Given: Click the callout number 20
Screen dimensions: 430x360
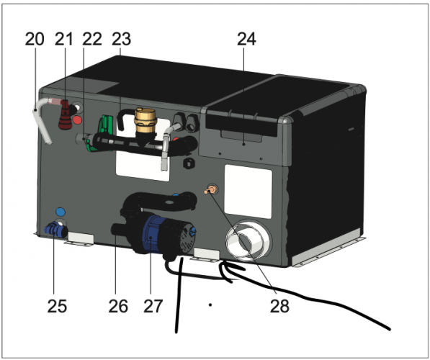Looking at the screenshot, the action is click(x=35, y=39).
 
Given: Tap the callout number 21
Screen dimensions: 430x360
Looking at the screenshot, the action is click(x=64, y=39).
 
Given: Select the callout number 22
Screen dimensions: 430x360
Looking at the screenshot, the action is click(x=92, y=39).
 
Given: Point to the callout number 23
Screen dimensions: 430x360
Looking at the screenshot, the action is click(x=122, y=39).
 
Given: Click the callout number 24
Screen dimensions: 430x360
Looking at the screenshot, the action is click(x=246, y=39).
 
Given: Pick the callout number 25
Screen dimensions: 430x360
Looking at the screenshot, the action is click(x=57, y=306).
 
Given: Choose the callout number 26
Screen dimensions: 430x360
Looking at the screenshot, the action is click(x=118, y=306).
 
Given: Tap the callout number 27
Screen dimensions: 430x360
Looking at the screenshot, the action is click(x=153, y=306).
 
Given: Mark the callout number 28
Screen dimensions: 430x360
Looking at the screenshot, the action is click(x=279, y=306).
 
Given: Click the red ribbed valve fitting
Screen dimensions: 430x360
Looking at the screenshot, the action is click(x=66, y=115).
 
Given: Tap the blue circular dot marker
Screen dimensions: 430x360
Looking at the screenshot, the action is click(x=61, y=212).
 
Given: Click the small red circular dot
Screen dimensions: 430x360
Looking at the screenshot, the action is click(x=77, y=120).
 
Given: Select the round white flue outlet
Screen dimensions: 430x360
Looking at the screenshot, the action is click(x=248, y=239).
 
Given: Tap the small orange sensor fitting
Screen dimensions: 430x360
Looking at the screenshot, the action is click(x=210, y=189).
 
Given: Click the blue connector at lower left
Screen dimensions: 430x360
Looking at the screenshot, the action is click(x=55, y=230).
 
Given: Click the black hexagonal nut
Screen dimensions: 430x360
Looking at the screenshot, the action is click(x=189, y=163).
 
